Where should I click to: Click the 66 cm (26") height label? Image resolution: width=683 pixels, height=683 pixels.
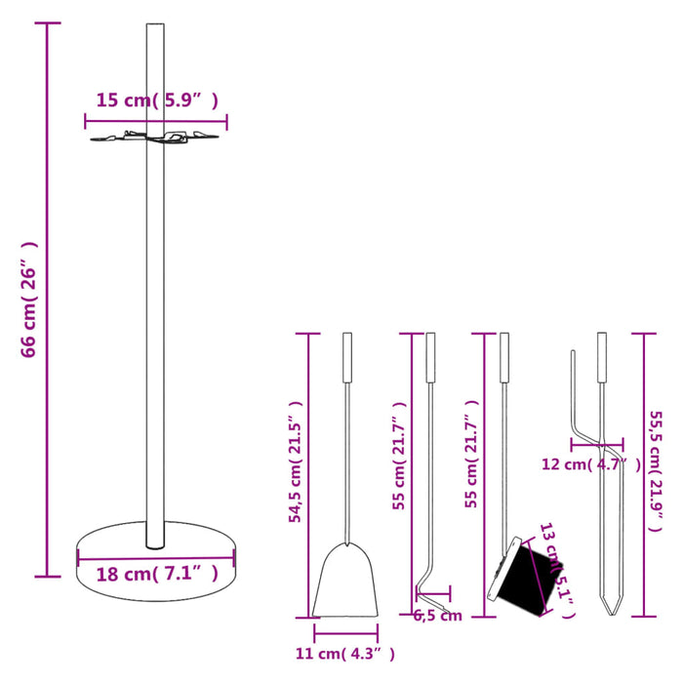click(29, 300)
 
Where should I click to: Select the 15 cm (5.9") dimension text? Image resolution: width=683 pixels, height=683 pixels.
click(156, 100)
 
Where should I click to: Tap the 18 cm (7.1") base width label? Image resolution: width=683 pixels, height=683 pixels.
click(156, 574)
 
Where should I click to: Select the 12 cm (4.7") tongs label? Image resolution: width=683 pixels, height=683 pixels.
click(590, 464)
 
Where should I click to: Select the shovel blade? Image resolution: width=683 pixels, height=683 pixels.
click(345, 582)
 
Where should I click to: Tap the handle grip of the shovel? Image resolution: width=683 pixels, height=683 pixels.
click(345, 358)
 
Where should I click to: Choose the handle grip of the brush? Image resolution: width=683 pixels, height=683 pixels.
click(503, 358)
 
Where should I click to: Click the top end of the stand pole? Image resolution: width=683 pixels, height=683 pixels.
click(155, 27)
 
